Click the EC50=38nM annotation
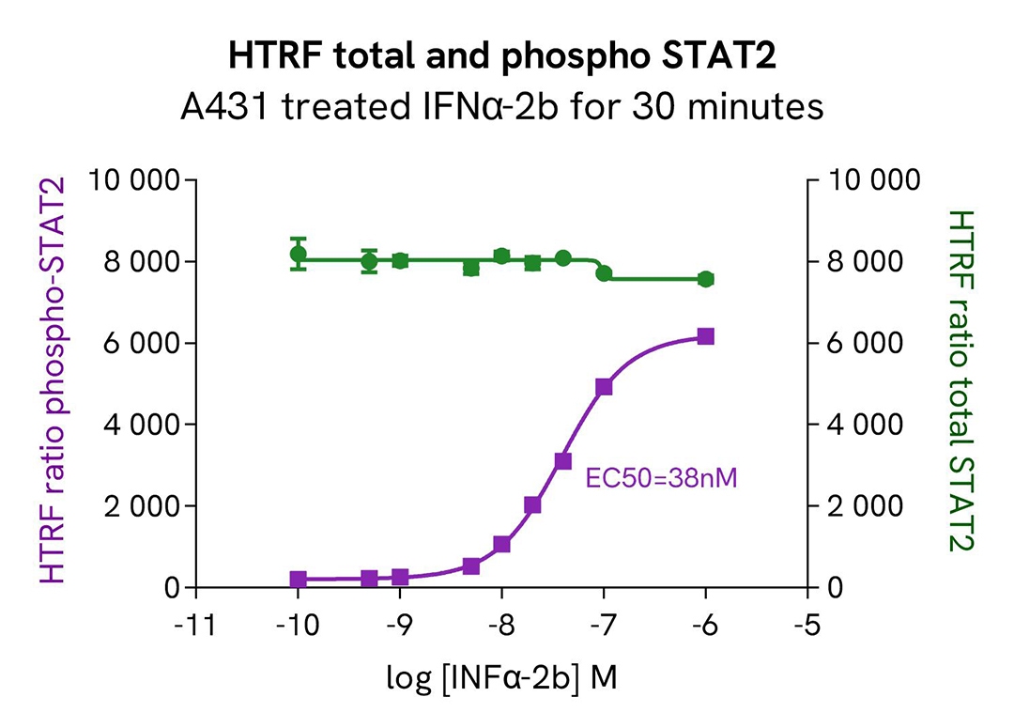pos(661,478)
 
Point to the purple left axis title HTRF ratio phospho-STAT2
pos(54,380)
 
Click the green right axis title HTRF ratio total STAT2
pos(960,380)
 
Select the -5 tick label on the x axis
pos(808,625)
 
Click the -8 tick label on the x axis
pos(501,625)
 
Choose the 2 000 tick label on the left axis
pos(141,506)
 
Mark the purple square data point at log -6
pos(706,336)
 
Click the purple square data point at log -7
pos(604,387)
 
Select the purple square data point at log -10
pos(299,580)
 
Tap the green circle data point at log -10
pos(299,255)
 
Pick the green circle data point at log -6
pos(706,279)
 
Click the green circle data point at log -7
pos(604,273)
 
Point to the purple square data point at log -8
pos(501,544)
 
